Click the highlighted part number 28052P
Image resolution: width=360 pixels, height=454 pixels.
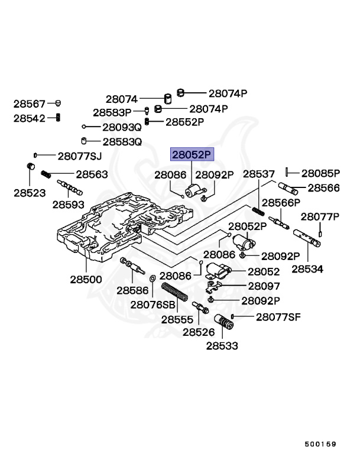191,155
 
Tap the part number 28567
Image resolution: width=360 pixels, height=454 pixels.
30,103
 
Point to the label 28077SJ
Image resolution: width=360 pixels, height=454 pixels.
80,156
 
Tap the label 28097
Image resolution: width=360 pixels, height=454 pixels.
264,286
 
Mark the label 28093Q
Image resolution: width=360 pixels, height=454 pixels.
122,127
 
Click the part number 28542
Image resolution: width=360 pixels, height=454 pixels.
30,118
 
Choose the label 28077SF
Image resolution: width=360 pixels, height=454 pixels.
278,317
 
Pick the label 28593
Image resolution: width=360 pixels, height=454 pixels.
68,204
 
